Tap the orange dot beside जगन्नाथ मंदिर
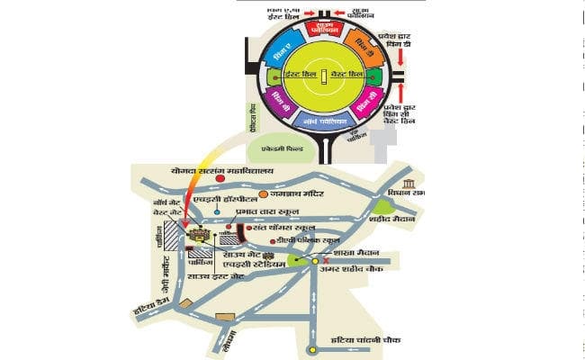(x=263, y=193)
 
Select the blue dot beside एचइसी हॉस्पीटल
(x=217, y=213)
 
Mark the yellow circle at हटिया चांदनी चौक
(x=313, y=350)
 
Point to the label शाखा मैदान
(x=356, y=254)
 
